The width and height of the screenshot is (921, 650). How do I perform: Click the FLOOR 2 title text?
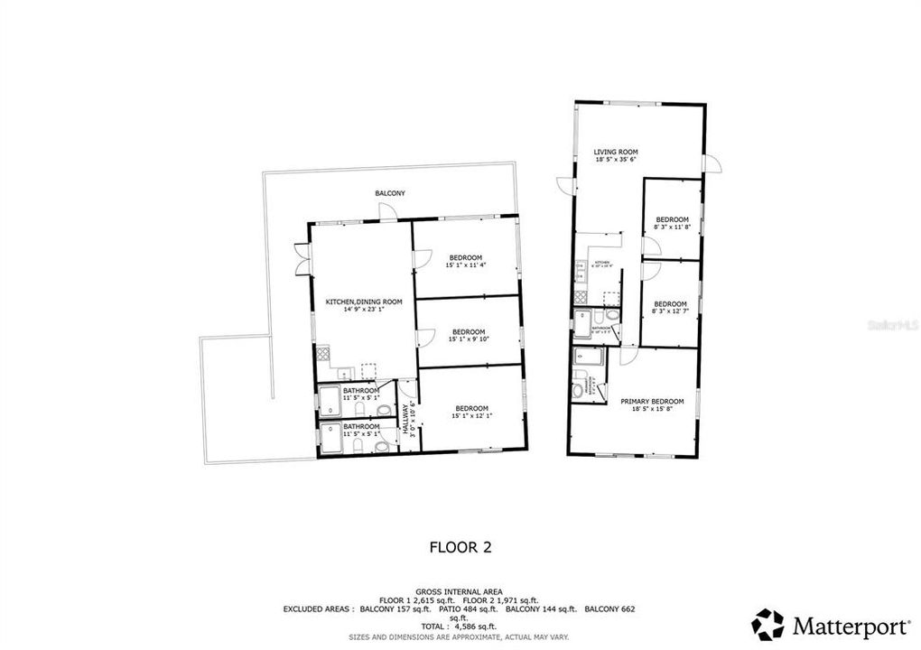coord(460,547)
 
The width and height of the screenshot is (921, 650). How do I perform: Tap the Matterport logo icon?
coord(767,624)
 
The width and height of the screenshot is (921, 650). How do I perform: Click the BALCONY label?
coord(390,194)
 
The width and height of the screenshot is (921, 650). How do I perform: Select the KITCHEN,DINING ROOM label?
coord(363,302)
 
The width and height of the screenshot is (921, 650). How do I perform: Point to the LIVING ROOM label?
coord(616,152)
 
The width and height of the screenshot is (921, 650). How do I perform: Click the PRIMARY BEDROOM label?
coord(651,402)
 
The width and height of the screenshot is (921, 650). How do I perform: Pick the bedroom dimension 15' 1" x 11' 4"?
coord(465,265)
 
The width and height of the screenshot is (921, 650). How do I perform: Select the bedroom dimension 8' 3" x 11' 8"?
coord(672,227)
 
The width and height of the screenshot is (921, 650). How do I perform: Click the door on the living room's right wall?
coord(712,164)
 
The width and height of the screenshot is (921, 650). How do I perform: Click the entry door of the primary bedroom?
coord(628,355)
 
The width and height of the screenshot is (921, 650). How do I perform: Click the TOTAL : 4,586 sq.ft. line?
coord(460,626)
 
